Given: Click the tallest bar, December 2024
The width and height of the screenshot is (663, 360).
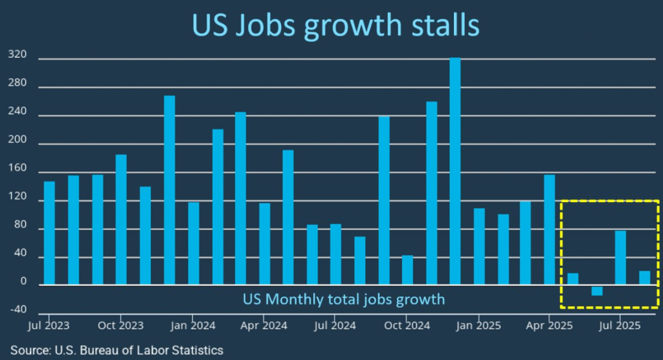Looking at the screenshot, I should pos(455,172).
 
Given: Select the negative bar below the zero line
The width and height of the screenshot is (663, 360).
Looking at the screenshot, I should pos(596,291).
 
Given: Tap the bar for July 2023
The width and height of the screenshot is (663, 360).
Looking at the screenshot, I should pos(49,233).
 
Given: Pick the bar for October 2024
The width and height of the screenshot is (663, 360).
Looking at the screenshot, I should pos(407,270).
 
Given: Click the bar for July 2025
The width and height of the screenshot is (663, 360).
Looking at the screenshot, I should pos(620,258).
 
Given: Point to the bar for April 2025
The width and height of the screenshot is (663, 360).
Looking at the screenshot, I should pos(549,230).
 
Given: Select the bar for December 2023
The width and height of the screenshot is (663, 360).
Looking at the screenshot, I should pos(170,190).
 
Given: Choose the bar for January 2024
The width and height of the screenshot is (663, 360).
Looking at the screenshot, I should pos(194,243).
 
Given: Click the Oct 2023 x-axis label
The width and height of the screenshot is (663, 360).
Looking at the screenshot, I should pos(120,324).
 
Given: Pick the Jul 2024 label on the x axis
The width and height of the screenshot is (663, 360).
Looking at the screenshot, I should pos(335,324).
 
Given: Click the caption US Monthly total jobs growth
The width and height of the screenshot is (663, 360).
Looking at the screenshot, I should pos(344,299).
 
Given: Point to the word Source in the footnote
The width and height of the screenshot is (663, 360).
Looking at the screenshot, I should pos(31,350).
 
